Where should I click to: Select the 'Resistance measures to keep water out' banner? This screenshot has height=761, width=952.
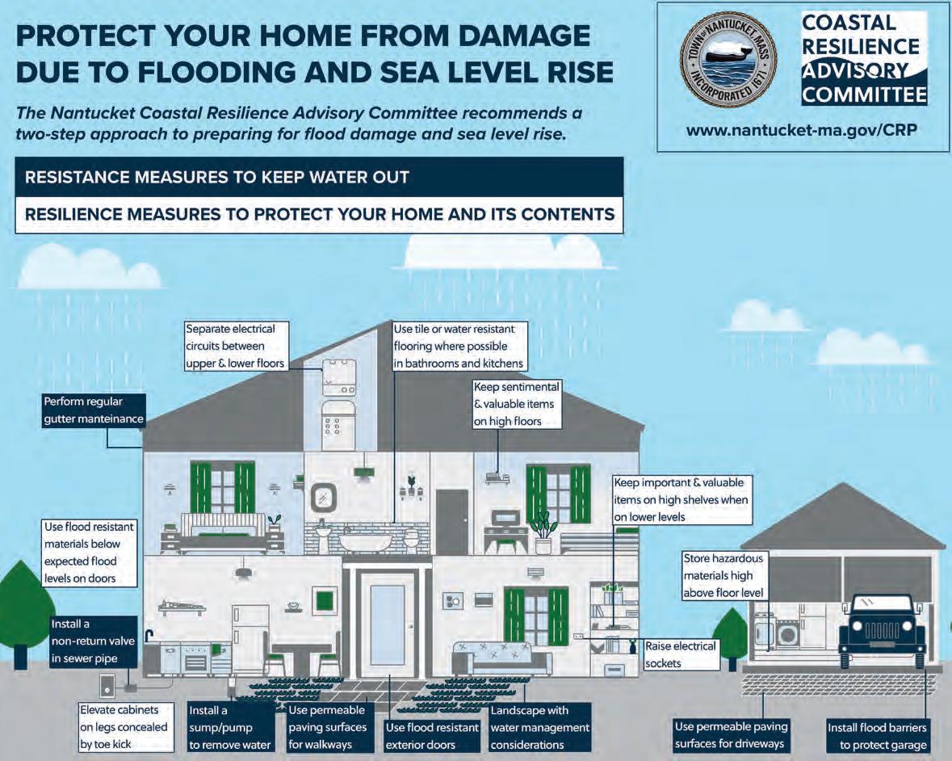(x=319, y=177)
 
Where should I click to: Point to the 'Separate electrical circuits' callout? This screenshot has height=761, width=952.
(x=236, y=346)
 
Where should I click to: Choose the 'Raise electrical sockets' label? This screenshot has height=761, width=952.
(x=681, y=654)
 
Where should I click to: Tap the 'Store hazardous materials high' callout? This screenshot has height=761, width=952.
(x=723, y=576)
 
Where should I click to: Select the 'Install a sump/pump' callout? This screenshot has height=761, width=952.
(x=230, y=727)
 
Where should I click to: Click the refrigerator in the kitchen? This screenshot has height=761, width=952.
(x=250, y=638)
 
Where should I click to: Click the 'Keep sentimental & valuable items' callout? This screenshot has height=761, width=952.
(x=516, y=404)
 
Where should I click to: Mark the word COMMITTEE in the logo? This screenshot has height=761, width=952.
(x=864, y=95)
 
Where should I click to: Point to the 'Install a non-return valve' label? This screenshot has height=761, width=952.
(x=85, y=641)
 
